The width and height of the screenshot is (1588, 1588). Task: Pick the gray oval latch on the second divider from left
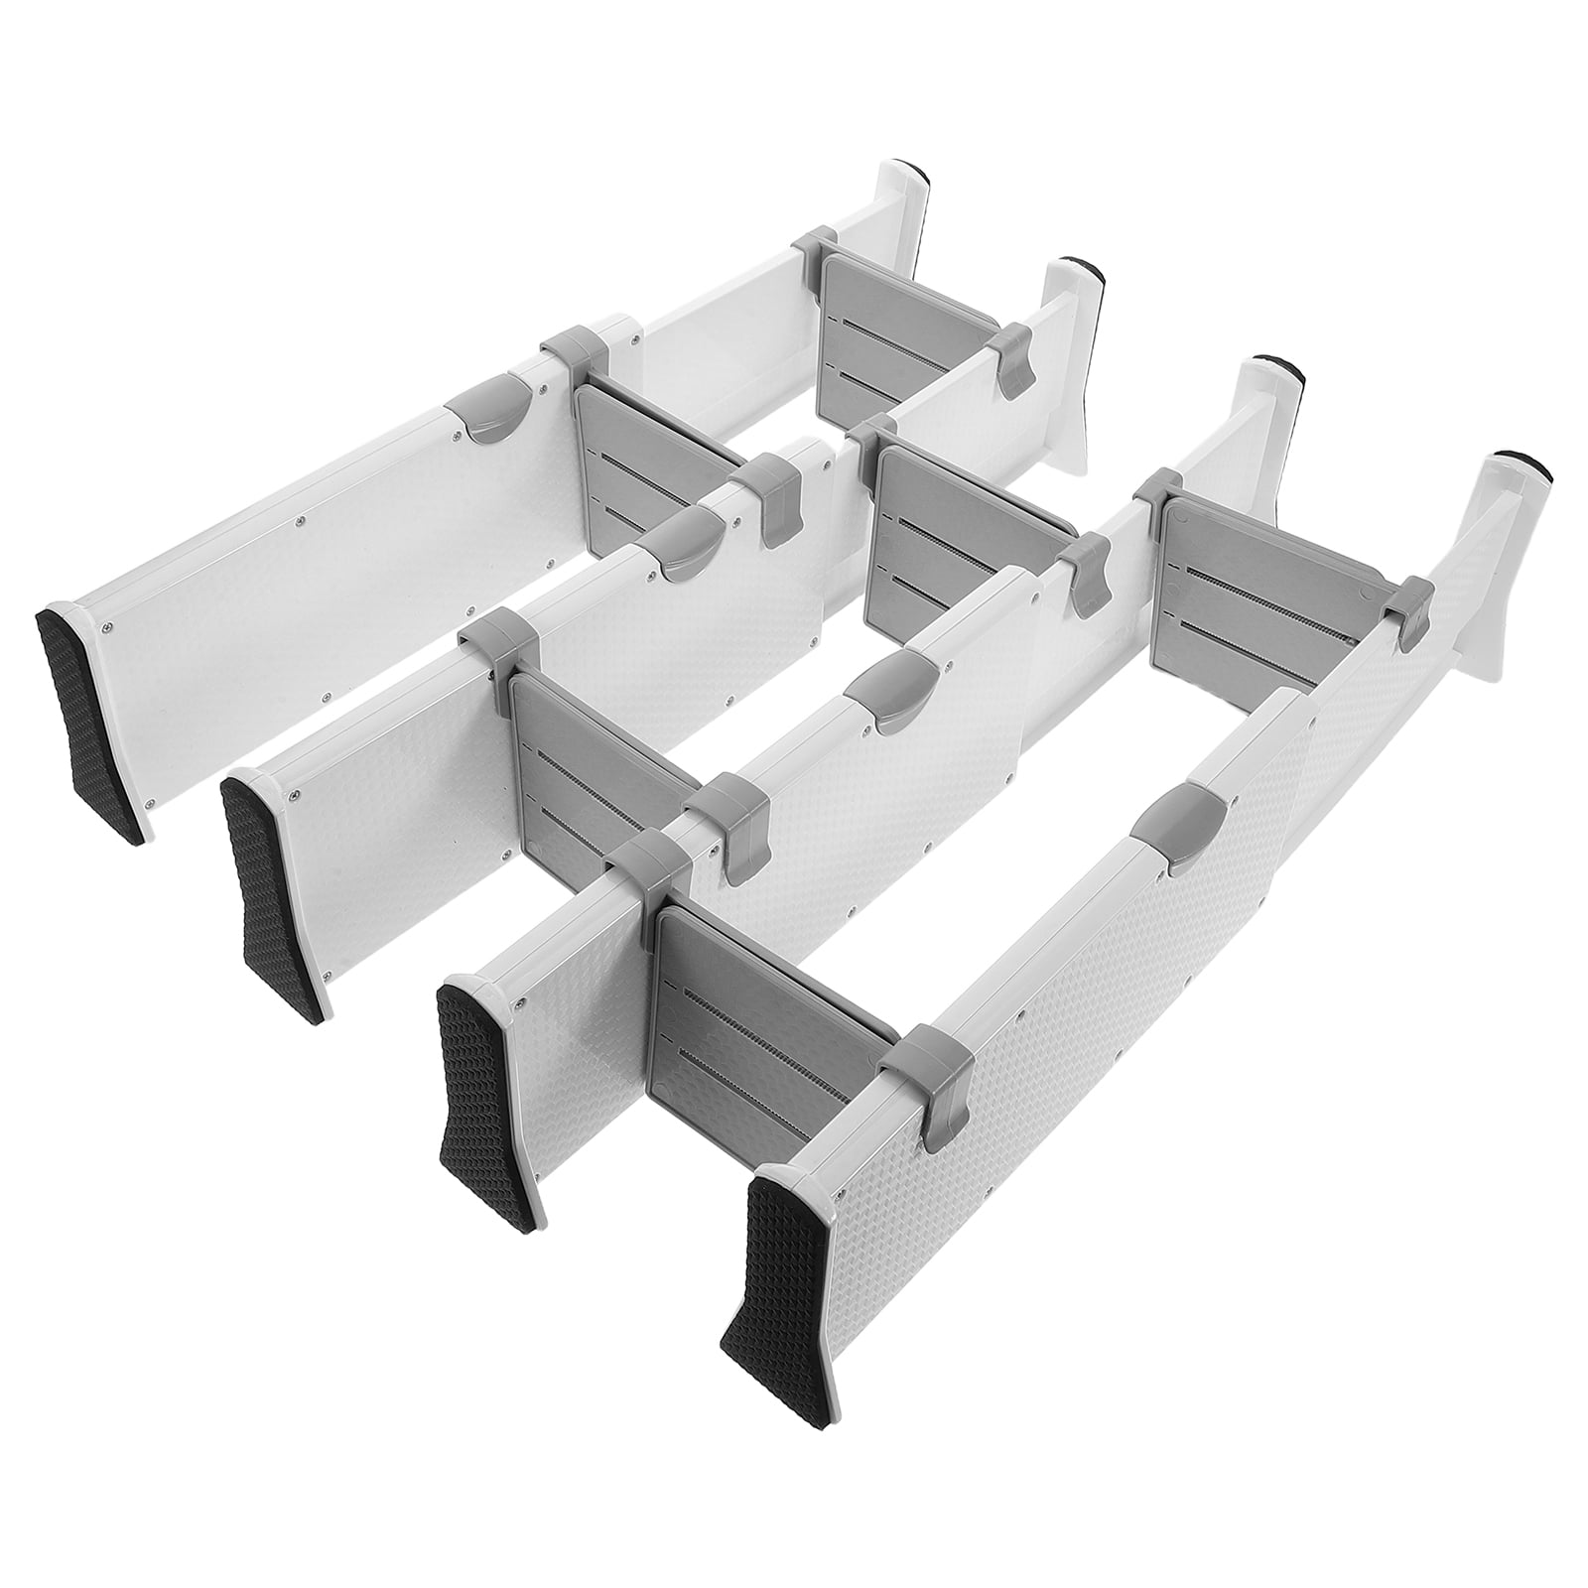(x=685, y=541)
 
